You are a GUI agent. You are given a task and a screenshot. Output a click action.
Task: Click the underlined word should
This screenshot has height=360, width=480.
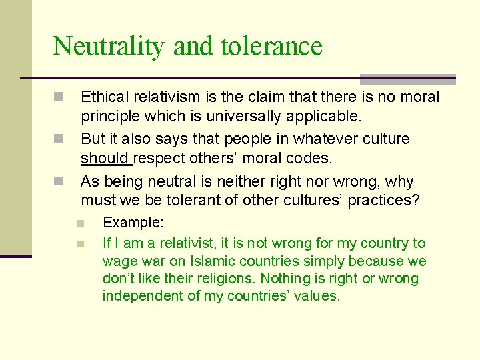(x=105, y=159)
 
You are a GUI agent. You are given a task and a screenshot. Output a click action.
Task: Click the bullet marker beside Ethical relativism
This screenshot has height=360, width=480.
(x=59, y=97)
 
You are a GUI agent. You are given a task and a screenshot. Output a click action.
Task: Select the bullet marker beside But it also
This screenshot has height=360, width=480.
(x=59, y=139)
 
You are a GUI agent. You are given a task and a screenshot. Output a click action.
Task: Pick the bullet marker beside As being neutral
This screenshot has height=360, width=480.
(x=59, y=181)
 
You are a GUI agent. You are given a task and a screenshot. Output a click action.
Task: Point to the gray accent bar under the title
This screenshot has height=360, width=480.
(x=407, y=79)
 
